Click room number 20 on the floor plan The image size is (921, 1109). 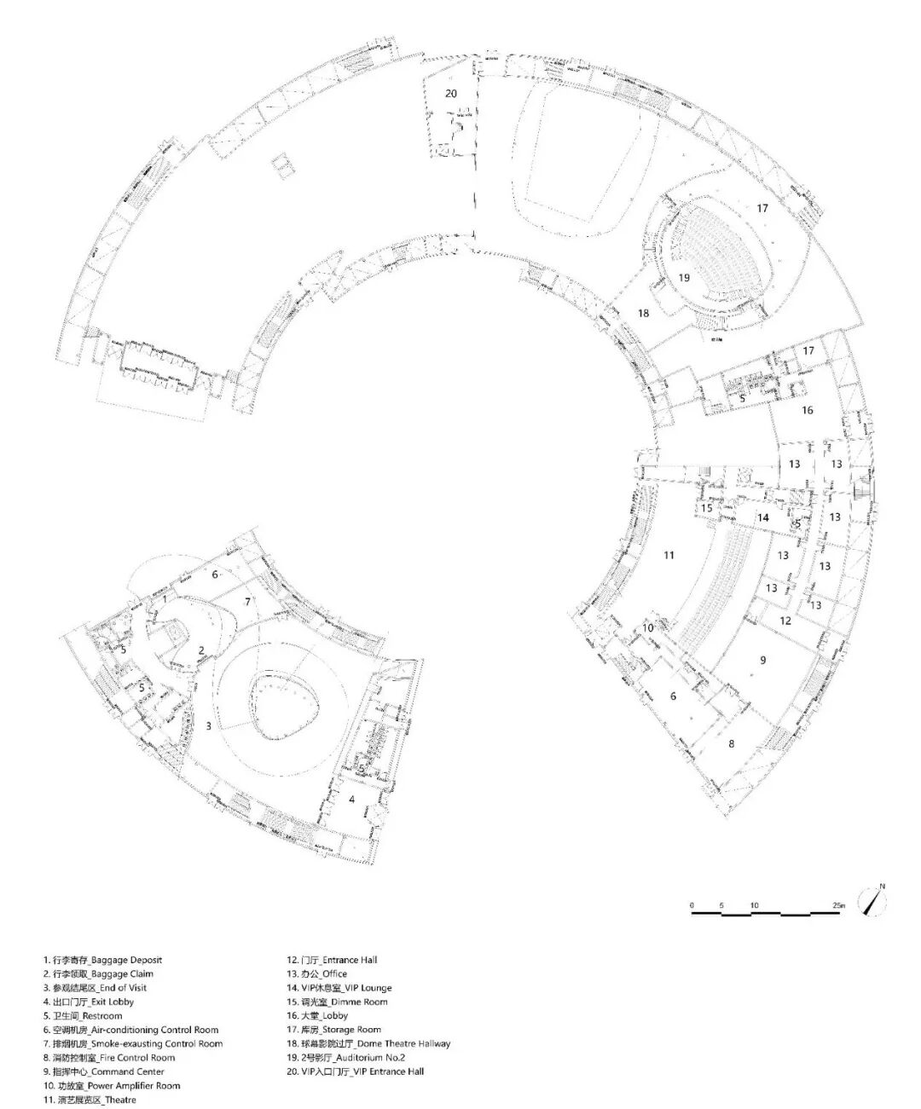coord(451,93)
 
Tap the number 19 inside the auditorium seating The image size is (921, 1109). coord(684,277)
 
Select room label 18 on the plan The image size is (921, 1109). coord(643,314)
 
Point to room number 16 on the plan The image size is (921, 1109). coord(807,410)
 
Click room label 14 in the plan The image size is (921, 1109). coord(762,517)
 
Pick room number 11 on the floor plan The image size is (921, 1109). coord(669,555)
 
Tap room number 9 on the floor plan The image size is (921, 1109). coord(763,659)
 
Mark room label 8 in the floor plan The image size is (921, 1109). coord(731,743)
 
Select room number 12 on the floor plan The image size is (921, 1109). coord(785,621)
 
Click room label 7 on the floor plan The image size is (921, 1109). coord(247,602)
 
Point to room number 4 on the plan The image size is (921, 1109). coord(351,799)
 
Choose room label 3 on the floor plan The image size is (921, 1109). coord(208,725)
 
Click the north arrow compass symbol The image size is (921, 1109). coord(873,902)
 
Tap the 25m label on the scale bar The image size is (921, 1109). coord(838,904)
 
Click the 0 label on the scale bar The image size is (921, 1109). coord(692,904)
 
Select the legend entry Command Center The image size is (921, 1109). coord(102,1071)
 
